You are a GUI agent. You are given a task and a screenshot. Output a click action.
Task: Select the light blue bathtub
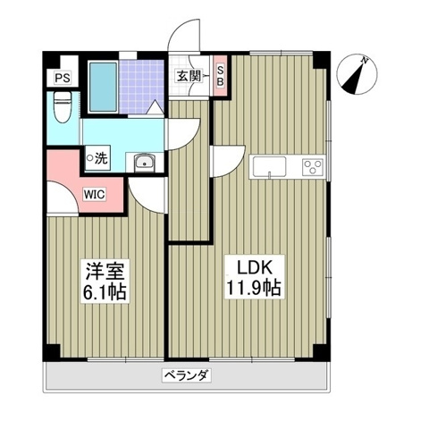tap(103, 86)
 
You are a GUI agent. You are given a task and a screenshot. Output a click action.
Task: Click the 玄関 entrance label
tap(188, 77)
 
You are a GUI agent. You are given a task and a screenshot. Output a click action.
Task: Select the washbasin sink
tap(145, 163)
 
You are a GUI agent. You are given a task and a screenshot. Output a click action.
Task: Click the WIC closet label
tap(96, 193)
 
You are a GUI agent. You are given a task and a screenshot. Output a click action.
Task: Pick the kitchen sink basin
tap(270, 166)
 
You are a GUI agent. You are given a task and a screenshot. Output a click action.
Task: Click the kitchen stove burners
tap(314, 166)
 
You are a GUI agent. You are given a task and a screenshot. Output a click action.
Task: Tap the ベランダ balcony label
tap(187, 375)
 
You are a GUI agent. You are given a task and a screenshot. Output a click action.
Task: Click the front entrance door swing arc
tap(185, 40)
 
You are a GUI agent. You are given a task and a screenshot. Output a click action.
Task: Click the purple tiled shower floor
tap(141, 83)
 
